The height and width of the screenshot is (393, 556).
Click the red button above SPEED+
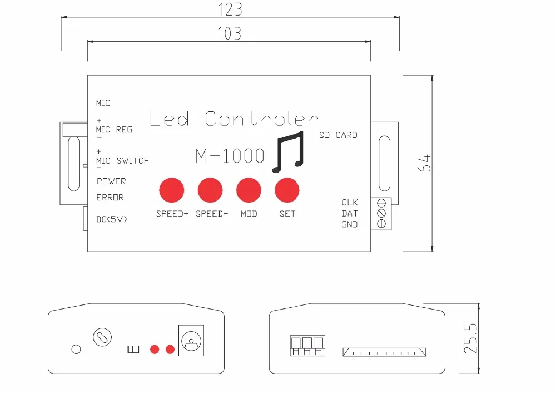click(172, 190)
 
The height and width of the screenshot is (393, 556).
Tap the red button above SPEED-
click(210, 190)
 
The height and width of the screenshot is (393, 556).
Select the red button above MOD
click(249, 190)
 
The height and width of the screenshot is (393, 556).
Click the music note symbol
click(289, 152)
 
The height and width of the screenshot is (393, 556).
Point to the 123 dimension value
click(230, 9)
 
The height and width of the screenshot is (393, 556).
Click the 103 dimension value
click(230, 33)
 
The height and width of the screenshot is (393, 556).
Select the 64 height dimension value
click(424, 163)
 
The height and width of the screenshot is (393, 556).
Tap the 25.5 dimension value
click(471, 338)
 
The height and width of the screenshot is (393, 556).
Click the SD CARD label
click(338, 135)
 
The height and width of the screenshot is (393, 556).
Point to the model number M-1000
click(230, 156)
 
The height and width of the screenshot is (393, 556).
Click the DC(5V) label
click(112, 219)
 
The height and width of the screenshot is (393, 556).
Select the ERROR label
click(110, 198)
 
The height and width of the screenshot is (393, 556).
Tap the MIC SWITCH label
click(123, 161)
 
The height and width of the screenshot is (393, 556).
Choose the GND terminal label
click(350, 224)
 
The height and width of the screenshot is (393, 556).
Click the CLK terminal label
click(350, 203)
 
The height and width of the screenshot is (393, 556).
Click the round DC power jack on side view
click(191, 341)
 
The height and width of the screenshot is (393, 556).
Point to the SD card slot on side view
click(384, 352)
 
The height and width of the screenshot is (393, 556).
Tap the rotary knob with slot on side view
click(102, 337)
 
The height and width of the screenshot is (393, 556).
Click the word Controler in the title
click(262, 119)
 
